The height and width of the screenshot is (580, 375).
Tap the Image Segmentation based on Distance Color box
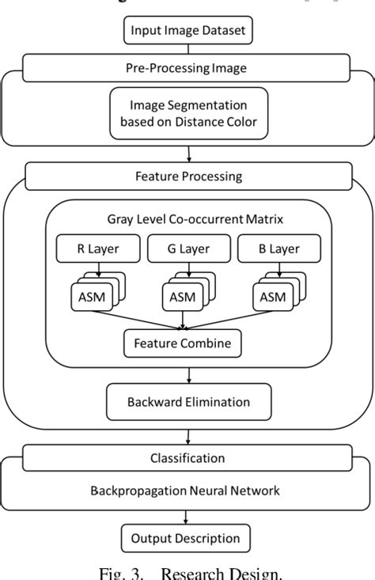pyautogui.click(x=187, y=113)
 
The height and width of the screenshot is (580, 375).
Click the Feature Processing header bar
pyautogui.click(x=187, y=176)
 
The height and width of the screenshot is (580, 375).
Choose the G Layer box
pyautogui.click(x=187, y=249)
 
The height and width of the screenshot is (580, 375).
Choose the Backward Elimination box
pyautogui.click(x=188, y=402)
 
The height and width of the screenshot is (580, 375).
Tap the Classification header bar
pyautogui.click(x=187, y=458)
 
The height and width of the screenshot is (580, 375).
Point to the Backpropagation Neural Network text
pyautogui.click(x=185, y=491)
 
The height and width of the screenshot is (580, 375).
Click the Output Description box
pyautogui.click(x=185, y=538)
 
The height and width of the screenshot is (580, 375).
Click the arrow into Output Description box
pyautogui.click(x=185, y=516)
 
